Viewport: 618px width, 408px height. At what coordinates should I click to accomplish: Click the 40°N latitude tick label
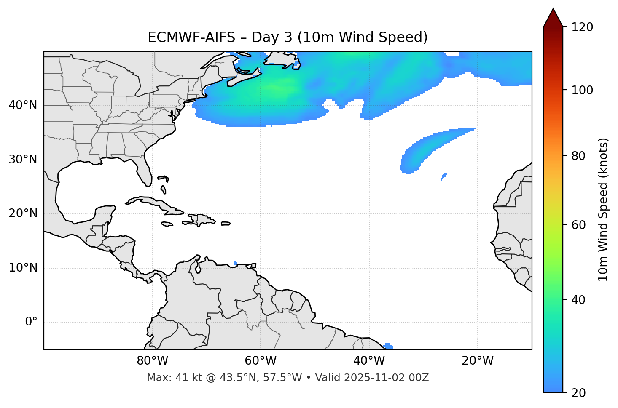pos(23,105)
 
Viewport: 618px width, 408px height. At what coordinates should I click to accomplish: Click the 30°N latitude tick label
pos(23,160)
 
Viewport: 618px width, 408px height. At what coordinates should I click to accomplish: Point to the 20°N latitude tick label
pos(23,213)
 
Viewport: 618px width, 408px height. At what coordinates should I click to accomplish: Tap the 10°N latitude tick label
pos(23,268)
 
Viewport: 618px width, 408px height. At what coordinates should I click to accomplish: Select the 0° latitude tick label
pos(31,322)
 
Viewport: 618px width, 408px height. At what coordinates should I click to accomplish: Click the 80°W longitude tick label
pos(152,361)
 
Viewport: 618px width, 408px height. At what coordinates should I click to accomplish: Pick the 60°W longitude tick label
pos(261,361)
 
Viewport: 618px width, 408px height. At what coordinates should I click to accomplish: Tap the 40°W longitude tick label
pos(369,361)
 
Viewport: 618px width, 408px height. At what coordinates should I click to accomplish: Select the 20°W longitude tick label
pos(477,361)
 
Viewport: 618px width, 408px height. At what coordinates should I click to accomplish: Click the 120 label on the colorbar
pos(582,27)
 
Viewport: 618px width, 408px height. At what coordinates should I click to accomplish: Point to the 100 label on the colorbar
pos(582,91)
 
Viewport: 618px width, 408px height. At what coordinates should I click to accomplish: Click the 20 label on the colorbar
pos(579,393)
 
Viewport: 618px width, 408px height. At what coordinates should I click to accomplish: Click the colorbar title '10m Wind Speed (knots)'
pos(603,210)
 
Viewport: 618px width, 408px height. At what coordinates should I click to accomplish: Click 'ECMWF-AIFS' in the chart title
pos(191,37)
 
